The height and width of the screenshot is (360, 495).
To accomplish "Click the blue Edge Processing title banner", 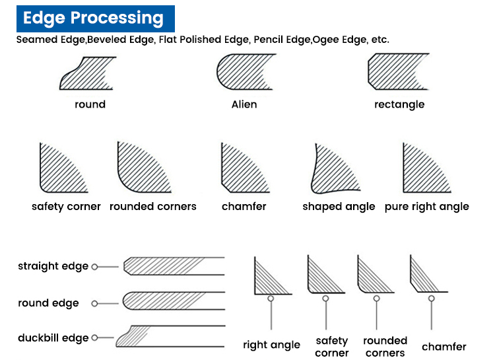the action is click(x=96, y=18).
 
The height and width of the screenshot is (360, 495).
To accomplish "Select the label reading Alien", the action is click(x=244, y=104).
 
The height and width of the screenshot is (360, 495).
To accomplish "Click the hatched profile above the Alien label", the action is click(x=245, y=72).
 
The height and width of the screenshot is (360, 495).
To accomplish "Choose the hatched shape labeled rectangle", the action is click(x=397, y=72).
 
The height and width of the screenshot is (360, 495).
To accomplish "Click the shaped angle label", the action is click(x=339, y=207).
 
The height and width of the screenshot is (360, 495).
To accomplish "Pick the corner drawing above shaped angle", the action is click(x=335, y=169).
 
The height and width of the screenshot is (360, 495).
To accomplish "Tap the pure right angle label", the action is click(x=427, y=207).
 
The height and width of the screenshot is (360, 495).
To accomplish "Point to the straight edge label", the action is click(x=53, y=266).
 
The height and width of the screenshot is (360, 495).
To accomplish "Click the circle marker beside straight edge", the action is click(x=94, y=267).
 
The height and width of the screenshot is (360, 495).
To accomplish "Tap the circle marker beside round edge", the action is click(x=94, y=304).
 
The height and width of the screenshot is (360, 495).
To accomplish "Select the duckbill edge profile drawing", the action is click(x=170, y=336).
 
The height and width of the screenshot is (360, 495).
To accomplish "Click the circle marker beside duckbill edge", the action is click(x=94, y=338).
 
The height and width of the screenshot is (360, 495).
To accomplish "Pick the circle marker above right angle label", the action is click(x=271, y=299).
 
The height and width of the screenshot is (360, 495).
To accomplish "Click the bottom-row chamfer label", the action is click(x=444, y=347).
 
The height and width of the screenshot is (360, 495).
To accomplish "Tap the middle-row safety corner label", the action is click(x=66, y=207).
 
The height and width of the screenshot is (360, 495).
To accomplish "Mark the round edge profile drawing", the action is click(x=174, y=301).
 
